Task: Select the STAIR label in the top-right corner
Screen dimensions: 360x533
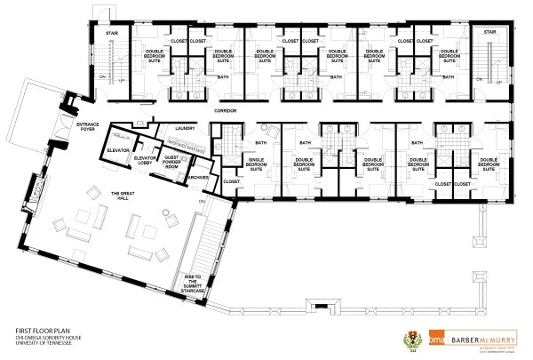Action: (x=489, y=32)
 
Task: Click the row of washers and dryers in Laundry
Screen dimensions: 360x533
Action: (x=187, y=140)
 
